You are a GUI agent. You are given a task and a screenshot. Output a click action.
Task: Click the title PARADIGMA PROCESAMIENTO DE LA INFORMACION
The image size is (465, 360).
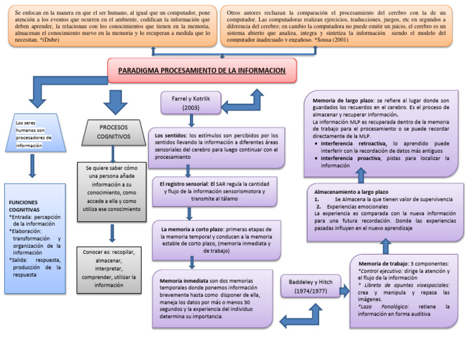(202, 70)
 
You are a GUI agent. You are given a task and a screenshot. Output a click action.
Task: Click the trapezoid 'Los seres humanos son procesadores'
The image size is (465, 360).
(31, 134)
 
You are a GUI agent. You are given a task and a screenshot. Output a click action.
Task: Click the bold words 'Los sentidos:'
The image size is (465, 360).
(171, 135)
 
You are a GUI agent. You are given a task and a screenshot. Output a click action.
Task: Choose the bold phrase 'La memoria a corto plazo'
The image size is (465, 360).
(191, 230)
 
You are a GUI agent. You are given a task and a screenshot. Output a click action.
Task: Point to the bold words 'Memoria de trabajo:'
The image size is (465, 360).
(383, 264)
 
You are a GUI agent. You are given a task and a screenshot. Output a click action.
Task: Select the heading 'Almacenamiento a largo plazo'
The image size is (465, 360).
(351, 192)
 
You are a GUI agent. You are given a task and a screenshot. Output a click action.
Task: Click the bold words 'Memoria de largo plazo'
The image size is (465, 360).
(343, 100)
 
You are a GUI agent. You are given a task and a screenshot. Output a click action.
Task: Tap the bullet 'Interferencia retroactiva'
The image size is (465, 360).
(355, 144)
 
